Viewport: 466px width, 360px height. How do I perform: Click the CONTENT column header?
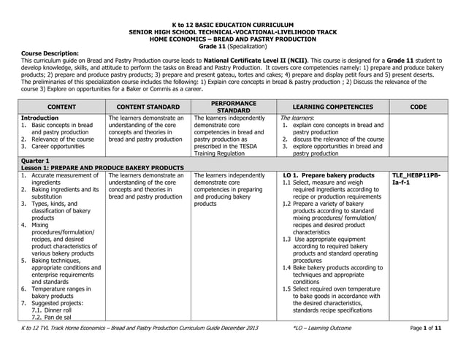(61, 107)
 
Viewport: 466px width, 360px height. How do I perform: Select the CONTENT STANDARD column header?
(148, 107)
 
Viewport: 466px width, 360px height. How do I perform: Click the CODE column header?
(418, 107)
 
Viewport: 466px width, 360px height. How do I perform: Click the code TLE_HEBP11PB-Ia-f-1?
(416, 179)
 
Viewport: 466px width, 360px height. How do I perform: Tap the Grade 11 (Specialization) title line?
(234, 45)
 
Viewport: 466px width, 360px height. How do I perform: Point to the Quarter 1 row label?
(36, 161)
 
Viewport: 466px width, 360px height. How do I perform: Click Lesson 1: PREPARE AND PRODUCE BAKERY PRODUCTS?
(102, 168)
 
